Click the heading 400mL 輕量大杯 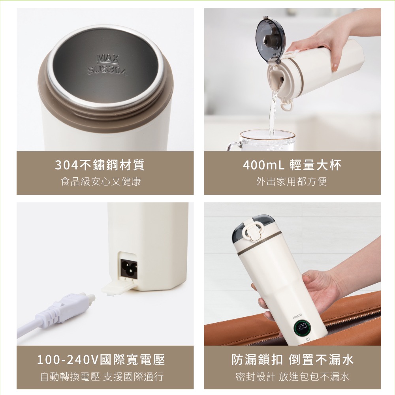(292, 165)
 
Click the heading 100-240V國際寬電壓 (101, 360)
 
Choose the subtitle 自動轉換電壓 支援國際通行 (102, 376)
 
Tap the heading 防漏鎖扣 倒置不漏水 (292, 360)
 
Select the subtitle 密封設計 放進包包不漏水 (292, 376)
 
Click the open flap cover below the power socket (115, 286)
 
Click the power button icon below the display (307, 339)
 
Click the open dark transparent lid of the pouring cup (269, 38)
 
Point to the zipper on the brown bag (348, 318)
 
